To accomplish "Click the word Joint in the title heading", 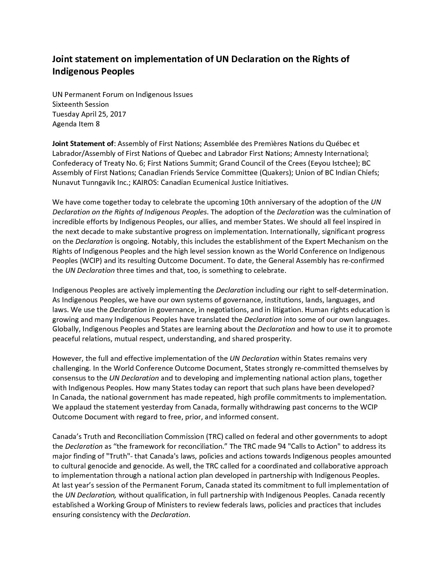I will pyautogui.click(x=63, y=59).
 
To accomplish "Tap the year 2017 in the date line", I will pyautogui.click(x=117, y=114).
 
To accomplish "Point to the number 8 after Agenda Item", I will pyautogui.click(x=97, y=124).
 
